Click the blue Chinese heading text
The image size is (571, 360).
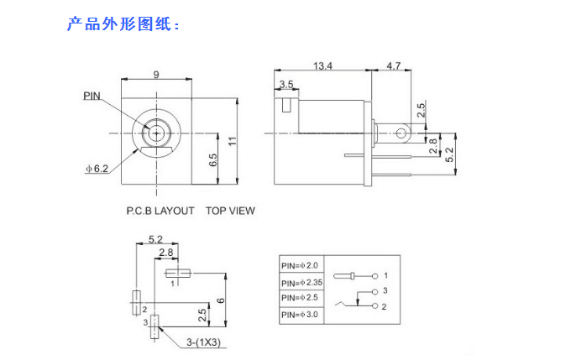point(123,24)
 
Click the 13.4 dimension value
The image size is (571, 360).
point(322,66)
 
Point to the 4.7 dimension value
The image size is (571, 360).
point(393,66)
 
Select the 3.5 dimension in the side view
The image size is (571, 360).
point(286,85)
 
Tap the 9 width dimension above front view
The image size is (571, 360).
point(156,75)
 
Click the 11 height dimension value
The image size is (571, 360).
point(233,141)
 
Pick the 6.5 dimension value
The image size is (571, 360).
point(213,160)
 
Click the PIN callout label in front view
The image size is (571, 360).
point(92,96)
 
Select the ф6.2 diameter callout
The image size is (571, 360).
point(97,169)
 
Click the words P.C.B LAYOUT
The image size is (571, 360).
point(160,211)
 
